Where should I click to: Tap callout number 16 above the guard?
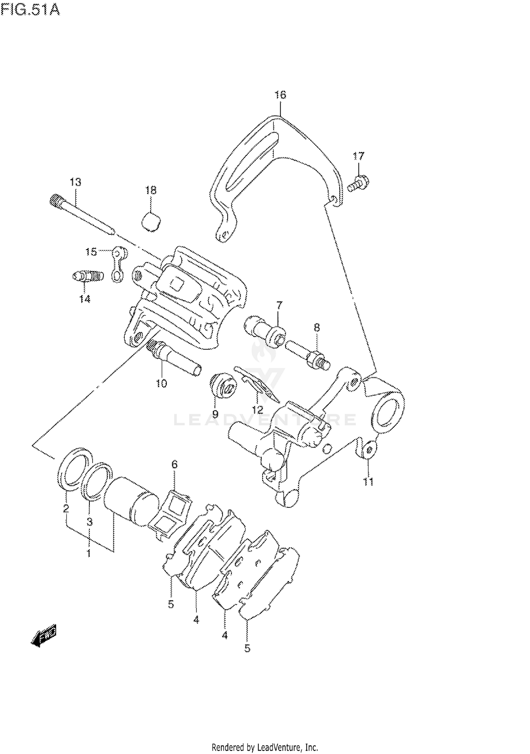coord(280,95)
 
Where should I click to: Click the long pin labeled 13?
coord(81,216)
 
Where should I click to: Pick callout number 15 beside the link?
coord(91,252)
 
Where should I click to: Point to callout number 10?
coord(161,383)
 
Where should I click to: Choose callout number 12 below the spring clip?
coord(258,410)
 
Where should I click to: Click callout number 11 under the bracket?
coord(368,482)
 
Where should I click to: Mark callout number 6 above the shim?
coord(175,464)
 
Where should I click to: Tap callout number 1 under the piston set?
coord(89,553)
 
